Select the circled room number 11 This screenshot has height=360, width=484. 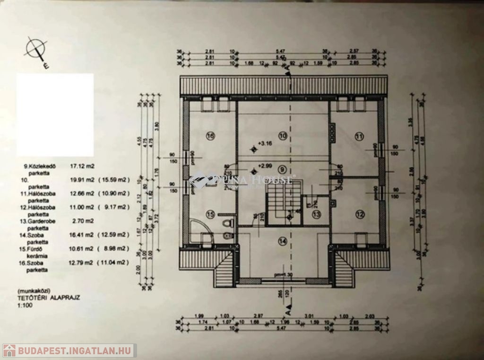[x=360, y=136]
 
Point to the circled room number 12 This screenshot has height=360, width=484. [x=360, y=214]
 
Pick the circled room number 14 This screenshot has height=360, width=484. [x=283, y=241]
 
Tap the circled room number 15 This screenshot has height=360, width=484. [x=210, y=214]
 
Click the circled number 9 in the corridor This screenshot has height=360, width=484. [x=282, y=169]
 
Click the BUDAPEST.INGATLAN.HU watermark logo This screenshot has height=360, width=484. [x=69, y=351]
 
